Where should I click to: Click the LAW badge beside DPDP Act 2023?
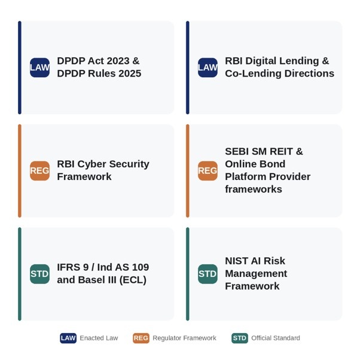[x=39, y=68]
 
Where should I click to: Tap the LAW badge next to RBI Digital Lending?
[x=208, y=68]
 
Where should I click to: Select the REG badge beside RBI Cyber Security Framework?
[x=39, y=171]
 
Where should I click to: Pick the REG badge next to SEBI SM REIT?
[x=208, y=171]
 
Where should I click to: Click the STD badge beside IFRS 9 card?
[x=39, y=274]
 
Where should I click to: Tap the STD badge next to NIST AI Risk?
[x=208, y=274]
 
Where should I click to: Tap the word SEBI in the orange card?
[x=237, y=151]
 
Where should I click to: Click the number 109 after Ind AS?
[x=141, y=267]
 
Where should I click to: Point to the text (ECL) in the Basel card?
[x=133, y=280]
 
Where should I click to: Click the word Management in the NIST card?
[x=256, y=274]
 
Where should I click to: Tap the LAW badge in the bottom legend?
[x=68, y=338]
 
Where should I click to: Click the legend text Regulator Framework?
[x=184, y=338]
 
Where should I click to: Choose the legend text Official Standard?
[x=276, y=338]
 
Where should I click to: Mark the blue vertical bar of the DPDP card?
[x=20, y=68]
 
